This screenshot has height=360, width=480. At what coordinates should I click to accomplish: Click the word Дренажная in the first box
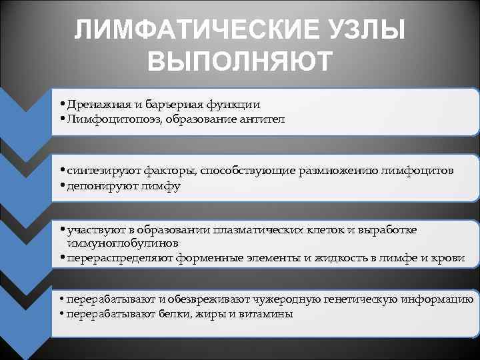click(x=90, y=105)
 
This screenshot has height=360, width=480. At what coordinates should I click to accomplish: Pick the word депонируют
click(x=94, y=186)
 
